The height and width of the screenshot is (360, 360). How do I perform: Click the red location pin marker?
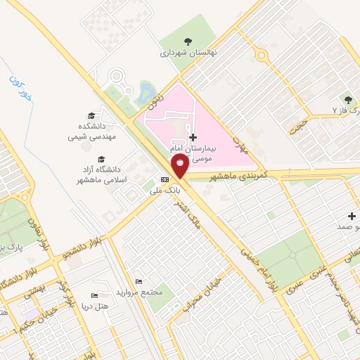click(181, 167)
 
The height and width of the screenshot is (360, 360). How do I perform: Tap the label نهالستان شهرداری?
click(188, 53)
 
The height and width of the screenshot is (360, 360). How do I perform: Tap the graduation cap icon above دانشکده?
click(91, 116)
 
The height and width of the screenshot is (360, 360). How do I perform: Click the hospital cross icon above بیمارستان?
click(193, 137)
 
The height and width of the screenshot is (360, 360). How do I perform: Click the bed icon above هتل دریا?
click(94, 295)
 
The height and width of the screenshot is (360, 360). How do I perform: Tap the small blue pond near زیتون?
click(146, 91)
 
